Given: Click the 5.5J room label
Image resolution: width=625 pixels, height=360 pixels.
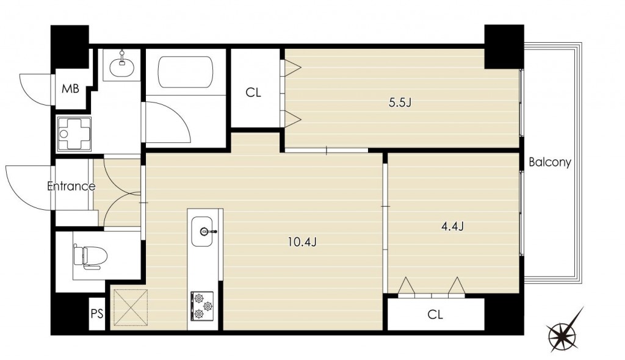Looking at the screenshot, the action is tap(400, 103).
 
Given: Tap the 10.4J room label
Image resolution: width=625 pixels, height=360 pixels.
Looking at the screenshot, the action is tap(302, 242).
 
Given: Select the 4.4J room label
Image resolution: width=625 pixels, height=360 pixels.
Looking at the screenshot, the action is tap(452, 226).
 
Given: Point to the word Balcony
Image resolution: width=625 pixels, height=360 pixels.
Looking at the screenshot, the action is tap(550, 162).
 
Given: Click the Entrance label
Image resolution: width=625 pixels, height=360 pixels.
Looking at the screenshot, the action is tap(71, 186).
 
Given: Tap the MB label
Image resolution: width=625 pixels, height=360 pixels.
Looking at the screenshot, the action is tap(70, 88).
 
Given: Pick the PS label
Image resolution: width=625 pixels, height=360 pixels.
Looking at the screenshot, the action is tap(97, 314).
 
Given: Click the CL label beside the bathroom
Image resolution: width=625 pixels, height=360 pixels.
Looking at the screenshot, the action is tap(253, 93).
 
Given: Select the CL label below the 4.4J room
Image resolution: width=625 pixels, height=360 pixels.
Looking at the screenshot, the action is tap(435, 315).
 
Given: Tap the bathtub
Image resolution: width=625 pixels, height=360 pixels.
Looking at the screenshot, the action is tap(186, 72).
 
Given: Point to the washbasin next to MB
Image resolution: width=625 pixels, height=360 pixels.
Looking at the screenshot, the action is tap(121, 66).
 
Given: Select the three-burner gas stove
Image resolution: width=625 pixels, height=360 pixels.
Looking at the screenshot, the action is tap(202, 306).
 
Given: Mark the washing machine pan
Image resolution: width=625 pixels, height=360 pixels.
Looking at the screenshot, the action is tap(74, 134).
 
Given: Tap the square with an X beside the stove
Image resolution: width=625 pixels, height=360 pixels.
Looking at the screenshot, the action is tap(131, 308).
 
